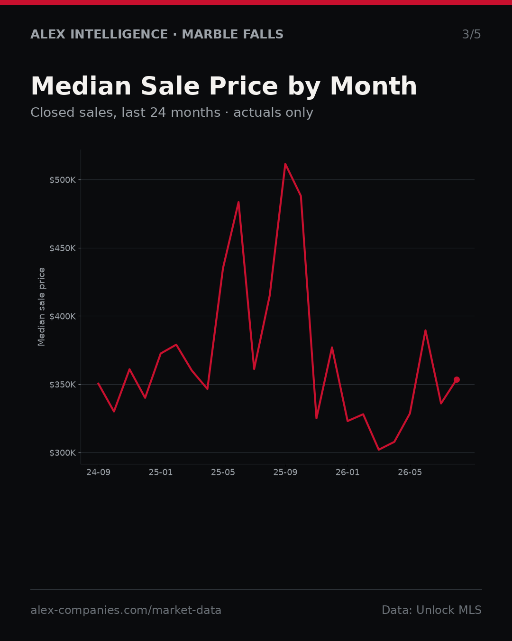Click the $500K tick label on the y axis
click(63, 180)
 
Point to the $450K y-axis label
click(63, 248)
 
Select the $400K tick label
click(63, 316)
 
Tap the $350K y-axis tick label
click(63, 385)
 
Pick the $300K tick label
click(63, 453)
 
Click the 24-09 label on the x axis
click(99, 472)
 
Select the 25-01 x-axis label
click(161, 472)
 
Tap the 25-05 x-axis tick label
click(223, 472)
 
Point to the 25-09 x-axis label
click(285, 472)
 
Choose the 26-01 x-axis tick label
click(347, 472)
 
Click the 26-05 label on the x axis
click(410, 472)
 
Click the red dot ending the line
click(457, 379)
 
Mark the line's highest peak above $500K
click(285, 164)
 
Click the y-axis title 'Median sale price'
click(41, 307)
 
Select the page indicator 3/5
click(472, 34)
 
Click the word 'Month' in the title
click(374, 86)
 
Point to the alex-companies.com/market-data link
click(126, 610)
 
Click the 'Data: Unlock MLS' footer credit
click(432, 610)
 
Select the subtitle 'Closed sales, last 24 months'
click(126, 113)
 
